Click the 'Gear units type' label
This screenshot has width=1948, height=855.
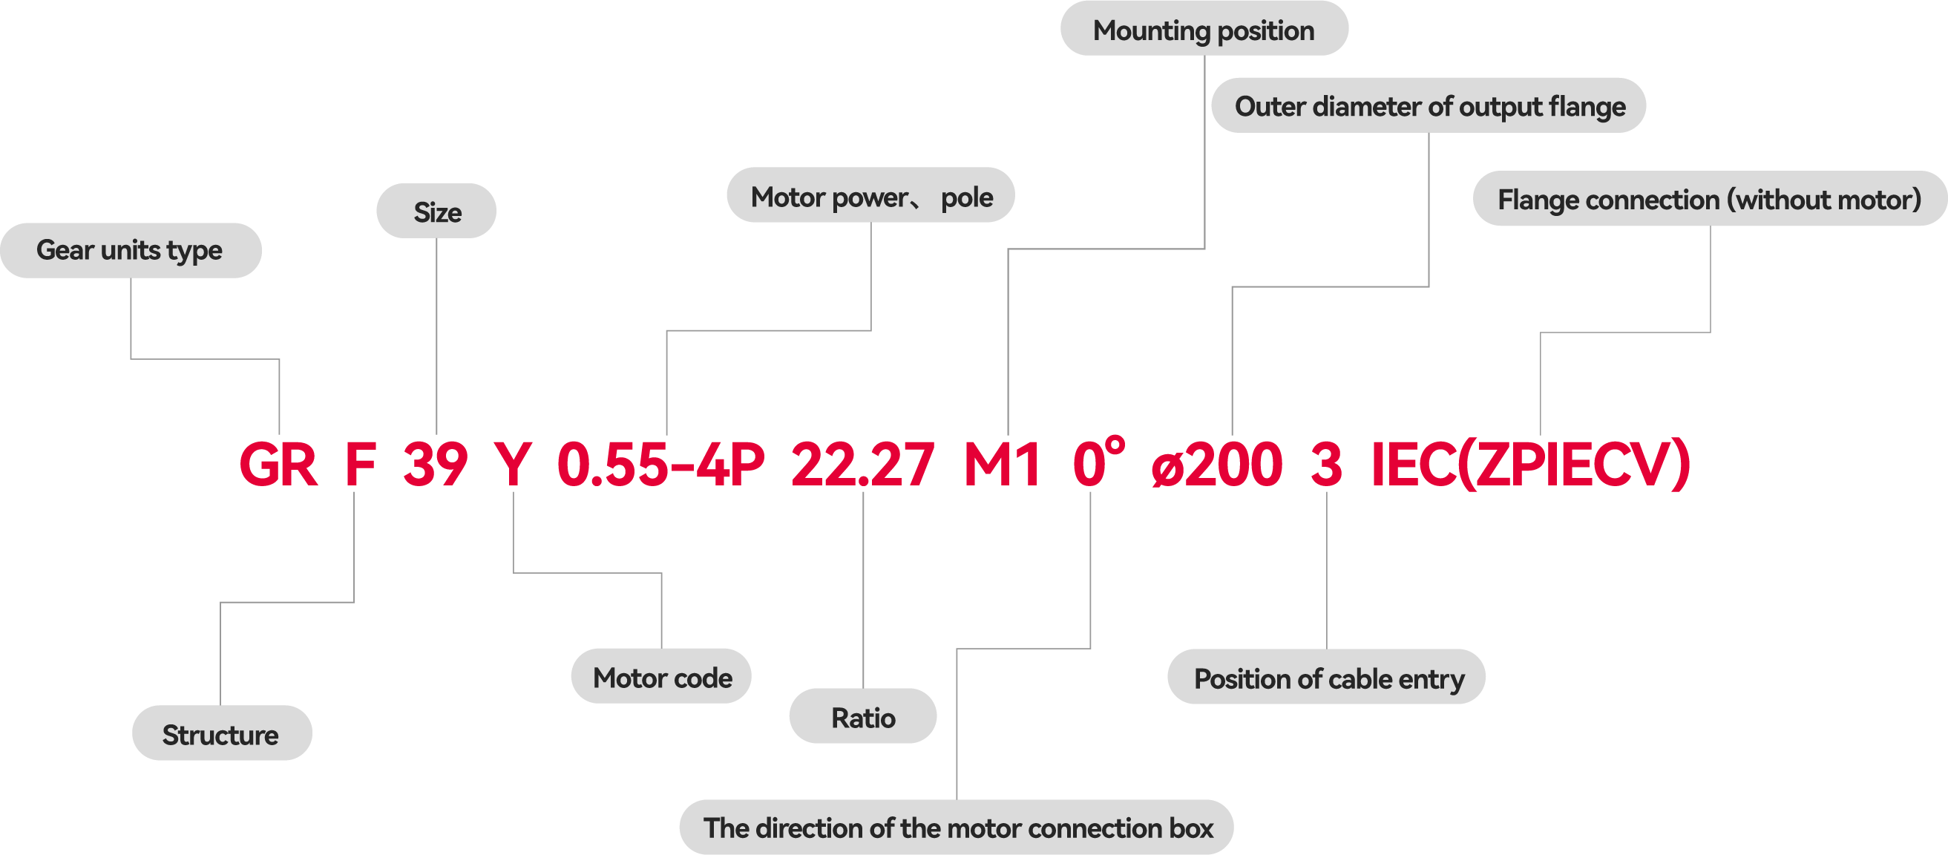pos(130,250)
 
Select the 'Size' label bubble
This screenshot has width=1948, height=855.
pos(436,212)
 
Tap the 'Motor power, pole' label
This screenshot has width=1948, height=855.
pos(870,197)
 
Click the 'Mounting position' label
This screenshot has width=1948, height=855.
pos(1203,30)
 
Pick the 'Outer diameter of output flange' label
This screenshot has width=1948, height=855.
pos(1429,107)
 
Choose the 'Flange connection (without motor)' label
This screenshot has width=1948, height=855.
pos(1709,200)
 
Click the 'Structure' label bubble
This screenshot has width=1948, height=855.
pos(221,734)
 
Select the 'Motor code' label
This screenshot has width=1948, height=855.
pos(662,677)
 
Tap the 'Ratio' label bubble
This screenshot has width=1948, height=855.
pos(863,717)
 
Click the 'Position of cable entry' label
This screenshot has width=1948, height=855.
pos(1328,678)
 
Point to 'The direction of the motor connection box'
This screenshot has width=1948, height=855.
pos(957,828)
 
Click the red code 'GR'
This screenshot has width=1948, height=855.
pos(278,465)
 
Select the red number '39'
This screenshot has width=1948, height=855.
pos(436,465)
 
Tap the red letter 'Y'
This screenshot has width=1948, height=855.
pos(513,465)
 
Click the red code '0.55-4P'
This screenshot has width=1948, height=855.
pos(661,465)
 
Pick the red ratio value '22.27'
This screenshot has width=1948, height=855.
pos(862,465)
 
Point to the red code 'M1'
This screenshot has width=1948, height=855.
pos(1002,465)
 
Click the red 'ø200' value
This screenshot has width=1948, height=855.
pos(1218,465)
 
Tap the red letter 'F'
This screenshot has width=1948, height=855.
pos(360,465)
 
